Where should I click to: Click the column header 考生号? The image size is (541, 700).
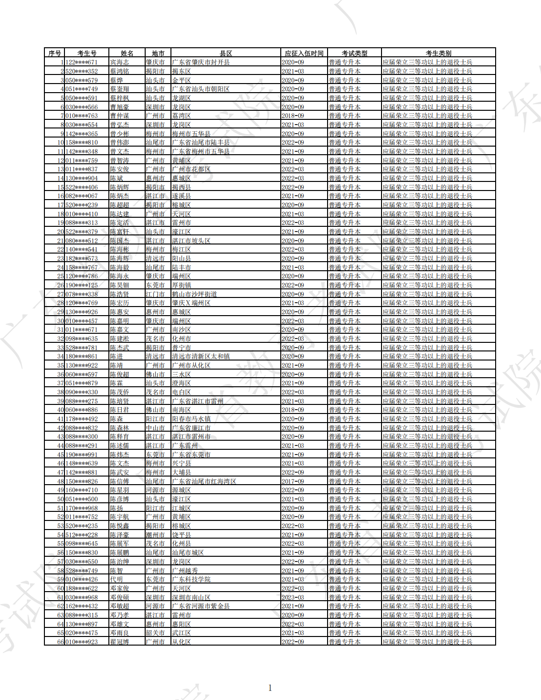(x=87, y=53)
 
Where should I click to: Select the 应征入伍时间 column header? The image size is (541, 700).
(x=304, y=53)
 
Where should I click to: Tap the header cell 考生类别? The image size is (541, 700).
(x=438, y=53)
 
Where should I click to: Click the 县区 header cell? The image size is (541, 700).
(x=226, y=53)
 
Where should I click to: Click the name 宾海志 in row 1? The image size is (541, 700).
(x=119, y=62)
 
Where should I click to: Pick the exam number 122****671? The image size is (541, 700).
(x=82, y=62)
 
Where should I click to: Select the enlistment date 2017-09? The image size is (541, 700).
(x=293, y=481)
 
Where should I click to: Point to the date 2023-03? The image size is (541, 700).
(x=293, y=597)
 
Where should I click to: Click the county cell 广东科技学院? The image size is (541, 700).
(x=191, y=579)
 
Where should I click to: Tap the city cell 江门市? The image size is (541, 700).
(x=155, y=294)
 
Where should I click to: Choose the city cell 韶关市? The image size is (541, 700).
(x=155, y=633)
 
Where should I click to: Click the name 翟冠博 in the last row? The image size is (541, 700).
(x=119, y=642)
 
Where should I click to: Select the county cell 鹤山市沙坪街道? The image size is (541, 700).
(x=194, y=294)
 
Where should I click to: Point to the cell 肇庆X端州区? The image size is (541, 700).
(x=191, y=303)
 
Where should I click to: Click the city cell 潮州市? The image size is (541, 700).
(x=155, y=535)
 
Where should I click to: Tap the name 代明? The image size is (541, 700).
(x=117, y=579)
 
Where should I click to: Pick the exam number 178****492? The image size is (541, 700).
(x=82, y=419)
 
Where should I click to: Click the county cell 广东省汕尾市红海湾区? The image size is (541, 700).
(x=204, y=481)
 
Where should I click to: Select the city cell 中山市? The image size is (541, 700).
(x=155, y=428)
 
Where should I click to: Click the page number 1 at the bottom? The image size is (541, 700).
(x=270, y=688)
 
